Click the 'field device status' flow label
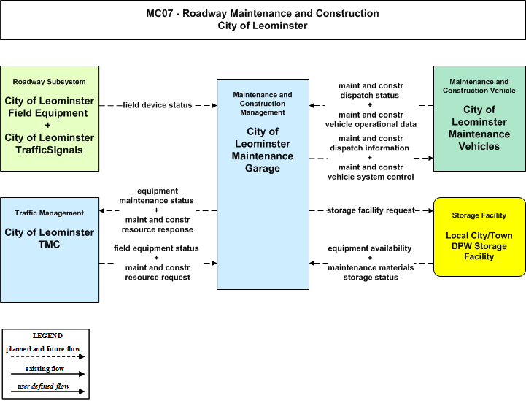(x=157, y=105)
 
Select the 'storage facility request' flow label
(x=371, y=210)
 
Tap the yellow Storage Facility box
(x=479, y=237)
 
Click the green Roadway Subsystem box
(x=50, y=118)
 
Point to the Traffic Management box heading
(x=50, y=213)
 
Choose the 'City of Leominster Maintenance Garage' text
(x=263, y=150)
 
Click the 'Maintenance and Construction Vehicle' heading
(x=479, y=86)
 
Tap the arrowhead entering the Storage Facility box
(x=430, y=210)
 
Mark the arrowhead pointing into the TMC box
(x=102, y=210)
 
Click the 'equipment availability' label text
(x=370, y=248)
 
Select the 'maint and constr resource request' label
(x=158, y=272)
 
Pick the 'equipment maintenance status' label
(x=157, y=196)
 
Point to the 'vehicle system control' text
(x=371, y=177)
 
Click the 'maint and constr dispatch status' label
(x=371, y=91)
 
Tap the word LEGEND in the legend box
(x=47, y=336)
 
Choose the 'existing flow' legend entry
(x=45, y=369)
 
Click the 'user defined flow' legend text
(x=44, y=386)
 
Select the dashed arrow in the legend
(x=47, y=356)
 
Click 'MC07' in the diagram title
(x=160, y=13)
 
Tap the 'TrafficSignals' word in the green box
(x=49, y=150)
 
